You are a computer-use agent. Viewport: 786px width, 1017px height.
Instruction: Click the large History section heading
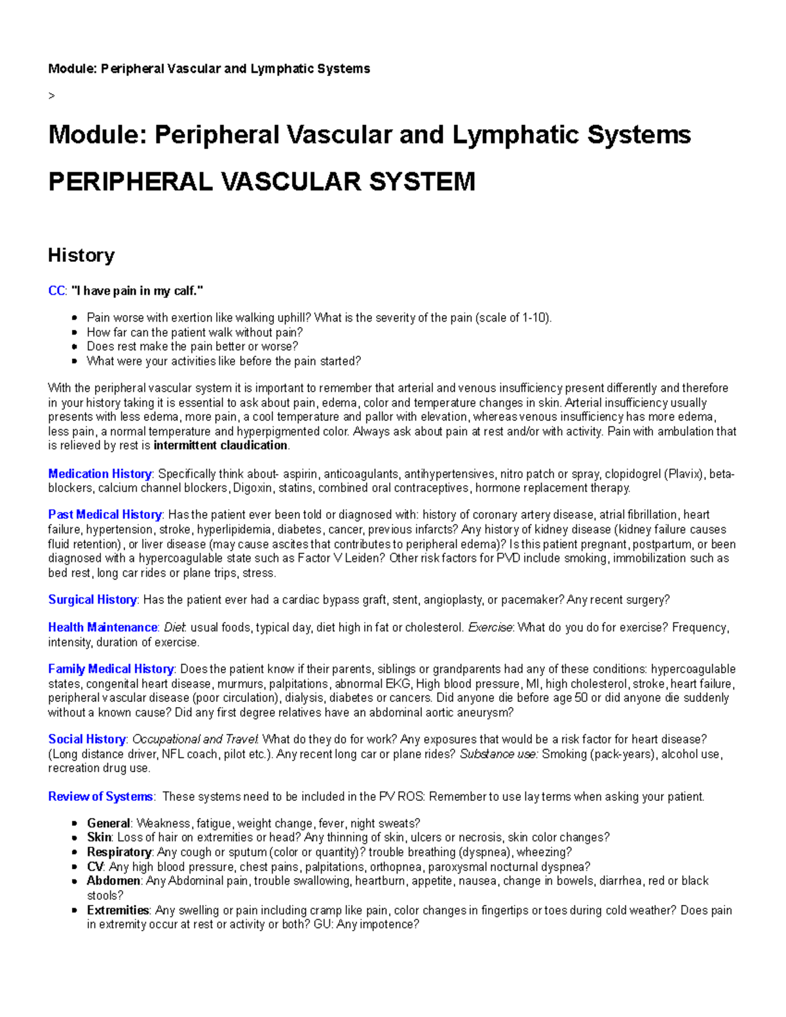click(x=81, y=255)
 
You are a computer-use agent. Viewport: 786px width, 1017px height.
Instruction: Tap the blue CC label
click(x=56, y=291)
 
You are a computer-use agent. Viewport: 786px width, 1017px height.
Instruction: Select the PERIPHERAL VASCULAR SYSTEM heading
click(x=261, y=181)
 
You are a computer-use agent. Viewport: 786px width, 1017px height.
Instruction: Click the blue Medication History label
click(x=100, y=473)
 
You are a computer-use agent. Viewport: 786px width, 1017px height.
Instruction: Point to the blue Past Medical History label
click(x=104, y=515)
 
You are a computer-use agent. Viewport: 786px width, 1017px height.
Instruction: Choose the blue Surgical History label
click(x=92, y=600)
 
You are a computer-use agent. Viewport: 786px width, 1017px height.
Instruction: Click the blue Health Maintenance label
click(x=102, y=627)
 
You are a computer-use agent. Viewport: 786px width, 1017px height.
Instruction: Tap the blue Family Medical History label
click(x=111, y=669)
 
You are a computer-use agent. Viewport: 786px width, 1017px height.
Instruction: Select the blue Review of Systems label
click(x=100, y=796)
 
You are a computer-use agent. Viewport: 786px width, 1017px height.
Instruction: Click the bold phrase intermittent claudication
click(x=220, y=445)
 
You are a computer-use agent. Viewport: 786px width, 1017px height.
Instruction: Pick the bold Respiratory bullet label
click(x=119, y=852)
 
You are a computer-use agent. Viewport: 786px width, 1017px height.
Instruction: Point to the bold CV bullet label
click(x=95, y=866)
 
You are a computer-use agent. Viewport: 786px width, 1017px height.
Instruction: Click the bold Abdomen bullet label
click(x=113, y=881)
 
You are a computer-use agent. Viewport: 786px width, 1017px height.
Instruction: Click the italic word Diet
click(x=174, y=627)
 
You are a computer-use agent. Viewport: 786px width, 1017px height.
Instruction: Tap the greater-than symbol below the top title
click(x=52, y=96)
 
